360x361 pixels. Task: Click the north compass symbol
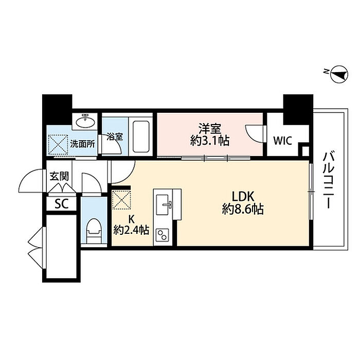[339, 74]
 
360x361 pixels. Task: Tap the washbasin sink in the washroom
[85, 121]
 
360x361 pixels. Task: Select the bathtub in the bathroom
[141, 136]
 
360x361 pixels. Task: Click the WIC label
[282, 141]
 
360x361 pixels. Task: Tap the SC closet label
[62, 203]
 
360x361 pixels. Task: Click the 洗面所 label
[82, 144]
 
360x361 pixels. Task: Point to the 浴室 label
[115, 137]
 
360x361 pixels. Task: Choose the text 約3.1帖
[210, 141]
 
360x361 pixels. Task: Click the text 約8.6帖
[243, 209]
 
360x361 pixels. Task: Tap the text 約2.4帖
[131, 230]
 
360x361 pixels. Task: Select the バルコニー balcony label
[328, 180]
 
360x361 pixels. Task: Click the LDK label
[243, 197]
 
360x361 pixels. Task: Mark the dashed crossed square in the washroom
[58, 145]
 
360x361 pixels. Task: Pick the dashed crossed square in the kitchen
[121, 200]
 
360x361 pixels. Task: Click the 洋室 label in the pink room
[210, 129]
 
